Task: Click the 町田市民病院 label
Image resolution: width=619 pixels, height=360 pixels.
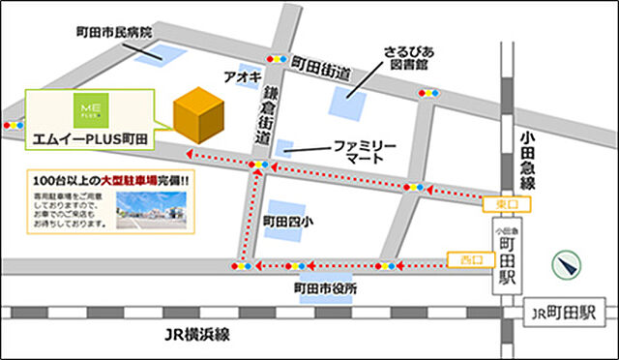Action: tap(114, 31)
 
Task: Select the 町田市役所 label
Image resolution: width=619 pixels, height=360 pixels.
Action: tap(325, 288)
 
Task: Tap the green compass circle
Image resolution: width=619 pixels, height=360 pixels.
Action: tap(569, 264)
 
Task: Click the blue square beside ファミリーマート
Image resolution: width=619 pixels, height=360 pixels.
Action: tap(284, 147)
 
